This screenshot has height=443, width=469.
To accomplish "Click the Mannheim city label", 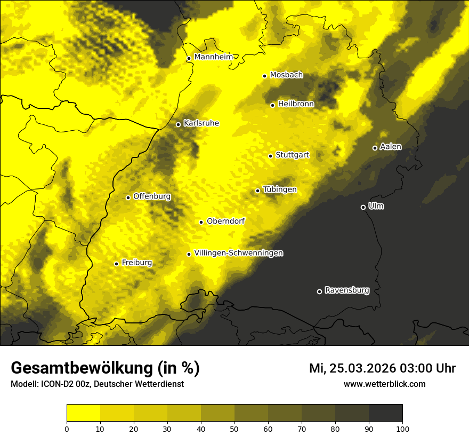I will tap(213, 57).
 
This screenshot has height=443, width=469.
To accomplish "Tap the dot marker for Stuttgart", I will tap(270, 156).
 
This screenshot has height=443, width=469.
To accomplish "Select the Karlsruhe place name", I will tap(201, 123).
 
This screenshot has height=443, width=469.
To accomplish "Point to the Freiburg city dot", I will tap(116, 264).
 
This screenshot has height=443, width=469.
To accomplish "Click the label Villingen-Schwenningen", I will tap(238, 253).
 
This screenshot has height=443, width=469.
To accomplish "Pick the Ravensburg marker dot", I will tap(319, 291).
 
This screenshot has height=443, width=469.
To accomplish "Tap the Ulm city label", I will tap(376, 206).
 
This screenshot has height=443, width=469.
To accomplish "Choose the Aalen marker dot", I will tap(375, 148).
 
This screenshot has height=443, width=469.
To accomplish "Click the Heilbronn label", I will tap(296, 104).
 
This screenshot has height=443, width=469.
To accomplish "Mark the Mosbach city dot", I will tap(264, 76).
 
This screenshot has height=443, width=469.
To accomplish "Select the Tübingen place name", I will tap(279, 189).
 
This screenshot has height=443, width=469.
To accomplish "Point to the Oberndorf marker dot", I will tap(201, 222).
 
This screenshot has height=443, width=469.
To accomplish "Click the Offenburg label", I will tap(151, 196).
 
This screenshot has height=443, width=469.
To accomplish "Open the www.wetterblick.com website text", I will tap(384, 384).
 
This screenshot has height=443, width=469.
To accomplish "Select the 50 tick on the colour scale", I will tap(234, 428).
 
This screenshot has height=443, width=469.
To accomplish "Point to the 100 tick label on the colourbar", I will tap(402, 428).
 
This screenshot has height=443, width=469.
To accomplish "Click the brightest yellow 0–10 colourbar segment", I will tap(83, 413).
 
